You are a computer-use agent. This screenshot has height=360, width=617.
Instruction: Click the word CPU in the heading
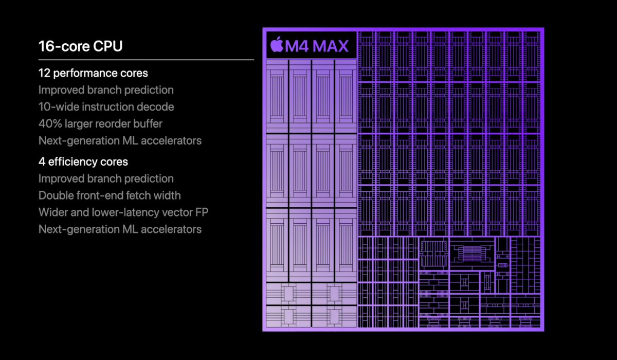pos(107,46)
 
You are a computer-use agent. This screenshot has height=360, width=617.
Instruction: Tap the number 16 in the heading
pos(47,46)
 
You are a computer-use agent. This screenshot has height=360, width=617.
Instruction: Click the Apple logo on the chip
pos(277,44)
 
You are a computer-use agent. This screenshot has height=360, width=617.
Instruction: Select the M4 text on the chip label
pos(297,46)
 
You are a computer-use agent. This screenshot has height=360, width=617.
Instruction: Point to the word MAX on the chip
pos(331,46)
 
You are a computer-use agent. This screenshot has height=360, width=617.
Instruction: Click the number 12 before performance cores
pos(44,73)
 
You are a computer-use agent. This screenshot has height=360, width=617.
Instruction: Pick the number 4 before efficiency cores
pos(42,162)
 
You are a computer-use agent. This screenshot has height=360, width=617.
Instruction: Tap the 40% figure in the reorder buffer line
pos(50,124)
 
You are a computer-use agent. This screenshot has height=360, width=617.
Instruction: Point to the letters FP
pos(202,212)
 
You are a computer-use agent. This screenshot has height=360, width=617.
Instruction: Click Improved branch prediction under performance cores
pos(106,90)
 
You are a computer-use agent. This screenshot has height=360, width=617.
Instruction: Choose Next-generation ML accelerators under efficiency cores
pos(120,229)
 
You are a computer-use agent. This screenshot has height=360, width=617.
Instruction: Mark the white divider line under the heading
pos(146,60)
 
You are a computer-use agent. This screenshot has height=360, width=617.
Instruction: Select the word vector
pos(177,212)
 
